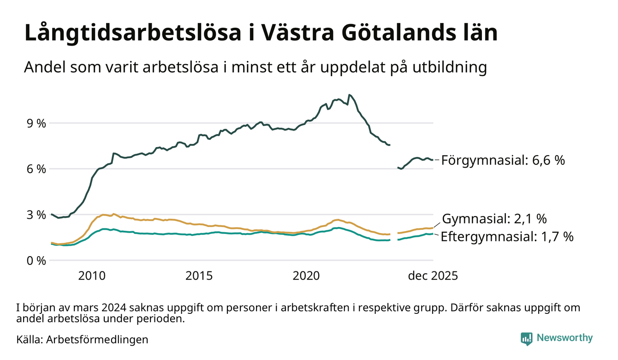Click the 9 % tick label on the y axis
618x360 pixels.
coord(36,124)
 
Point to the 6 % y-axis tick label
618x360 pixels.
coord(36,169)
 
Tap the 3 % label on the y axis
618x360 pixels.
coord(36,215)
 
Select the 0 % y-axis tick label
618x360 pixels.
coord(36,261)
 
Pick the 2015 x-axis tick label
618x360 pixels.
coord(199,276)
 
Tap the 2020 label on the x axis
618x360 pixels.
coord(306,276)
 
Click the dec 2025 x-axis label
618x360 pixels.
coord(433,276)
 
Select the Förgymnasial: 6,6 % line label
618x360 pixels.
coord(503,161)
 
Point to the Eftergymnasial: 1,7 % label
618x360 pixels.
coord(507,237)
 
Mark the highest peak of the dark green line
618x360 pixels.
coord(349,95)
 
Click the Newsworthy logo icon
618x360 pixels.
coord(527,339)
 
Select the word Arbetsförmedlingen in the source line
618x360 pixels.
coord(97,340)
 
